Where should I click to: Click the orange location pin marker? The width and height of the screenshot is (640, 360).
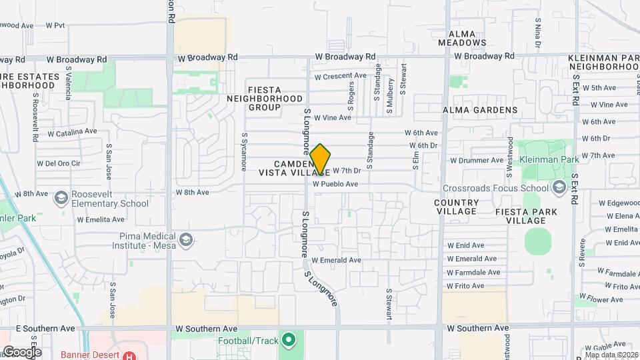tap(320, 159)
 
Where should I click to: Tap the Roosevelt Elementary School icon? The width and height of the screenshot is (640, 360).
tap(61, 198)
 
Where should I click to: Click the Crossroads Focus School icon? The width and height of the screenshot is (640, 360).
tap(559, 187)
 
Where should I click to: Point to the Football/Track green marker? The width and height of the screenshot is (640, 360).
tap(288, 341)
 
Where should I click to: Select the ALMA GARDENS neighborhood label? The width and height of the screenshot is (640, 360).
tap(480, 109)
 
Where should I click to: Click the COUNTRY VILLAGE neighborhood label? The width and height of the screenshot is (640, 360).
tap(457, 207)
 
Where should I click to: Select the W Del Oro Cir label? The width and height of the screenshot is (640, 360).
tap(58, 163)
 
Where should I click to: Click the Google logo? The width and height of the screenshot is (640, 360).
tap(21, 352)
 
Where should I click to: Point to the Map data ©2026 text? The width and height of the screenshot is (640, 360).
tap(611, 355)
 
